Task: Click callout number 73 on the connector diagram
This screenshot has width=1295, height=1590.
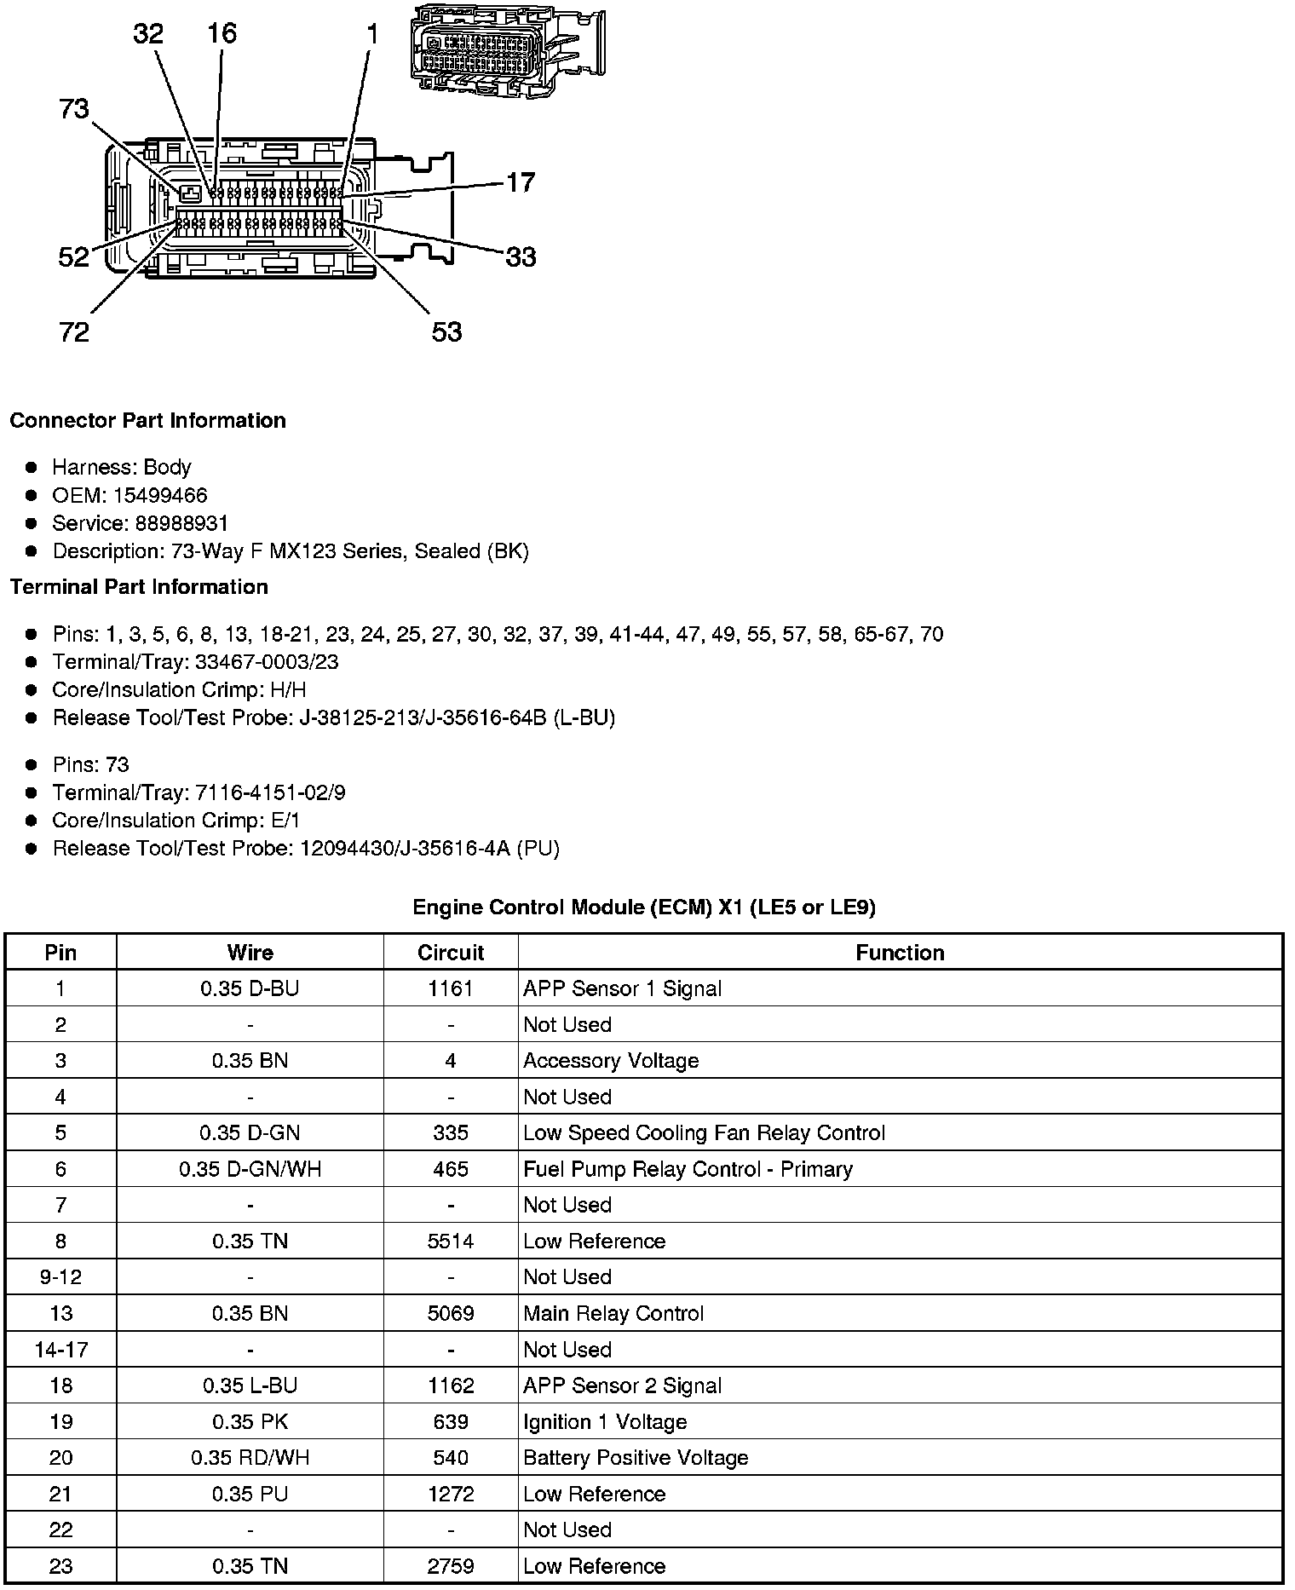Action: point(74,109)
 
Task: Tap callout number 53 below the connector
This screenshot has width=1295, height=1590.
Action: point(446,331)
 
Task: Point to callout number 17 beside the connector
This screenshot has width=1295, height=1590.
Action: point(521,182)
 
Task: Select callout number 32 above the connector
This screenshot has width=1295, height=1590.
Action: point(148,34)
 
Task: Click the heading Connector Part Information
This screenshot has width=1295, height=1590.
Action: point(147,421)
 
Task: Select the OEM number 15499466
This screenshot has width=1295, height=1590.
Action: point(159,495)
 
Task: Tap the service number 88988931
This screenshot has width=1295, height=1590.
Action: point(181,523)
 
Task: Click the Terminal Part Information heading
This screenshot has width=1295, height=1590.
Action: point(139,587)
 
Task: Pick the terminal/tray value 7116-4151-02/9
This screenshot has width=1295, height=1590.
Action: point(270,792)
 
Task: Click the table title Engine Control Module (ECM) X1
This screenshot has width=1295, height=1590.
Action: point(643,907)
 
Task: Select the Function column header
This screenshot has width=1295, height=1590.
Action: point(900,953)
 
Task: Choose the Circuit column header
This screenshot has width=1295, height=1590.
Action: point(450,953)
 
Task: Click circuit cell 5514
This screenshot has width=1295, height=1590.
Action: point(450,1241)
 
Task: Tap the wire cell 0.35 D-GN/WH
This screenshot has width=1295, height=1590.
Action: point(250,1169)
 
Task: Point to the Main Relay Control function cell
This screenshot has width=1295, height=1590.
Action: point(613,1313)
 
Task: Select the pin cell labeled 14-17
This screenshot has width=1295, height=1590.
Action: point(60,1350)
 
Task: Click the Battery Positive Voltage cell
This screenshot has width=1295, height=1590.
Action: point(636,1458)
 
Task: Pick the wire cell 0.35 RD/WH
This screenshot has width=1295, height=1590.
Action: point(250,1458)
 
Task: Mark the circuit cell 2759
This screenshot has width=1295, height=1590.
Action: point(450,1566)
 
